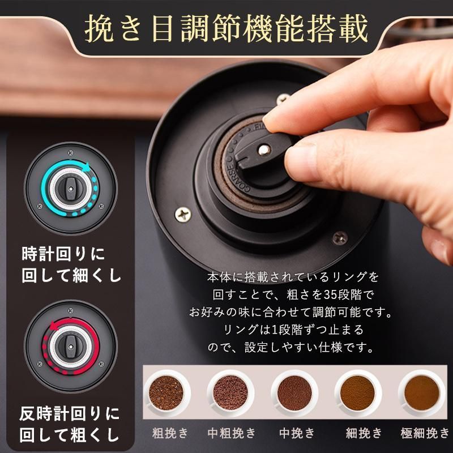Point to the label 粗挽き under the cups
click(170, 434)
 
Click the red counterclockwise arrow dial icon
click(71, 347)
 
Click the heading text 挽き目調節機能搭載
click(226, 29)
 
